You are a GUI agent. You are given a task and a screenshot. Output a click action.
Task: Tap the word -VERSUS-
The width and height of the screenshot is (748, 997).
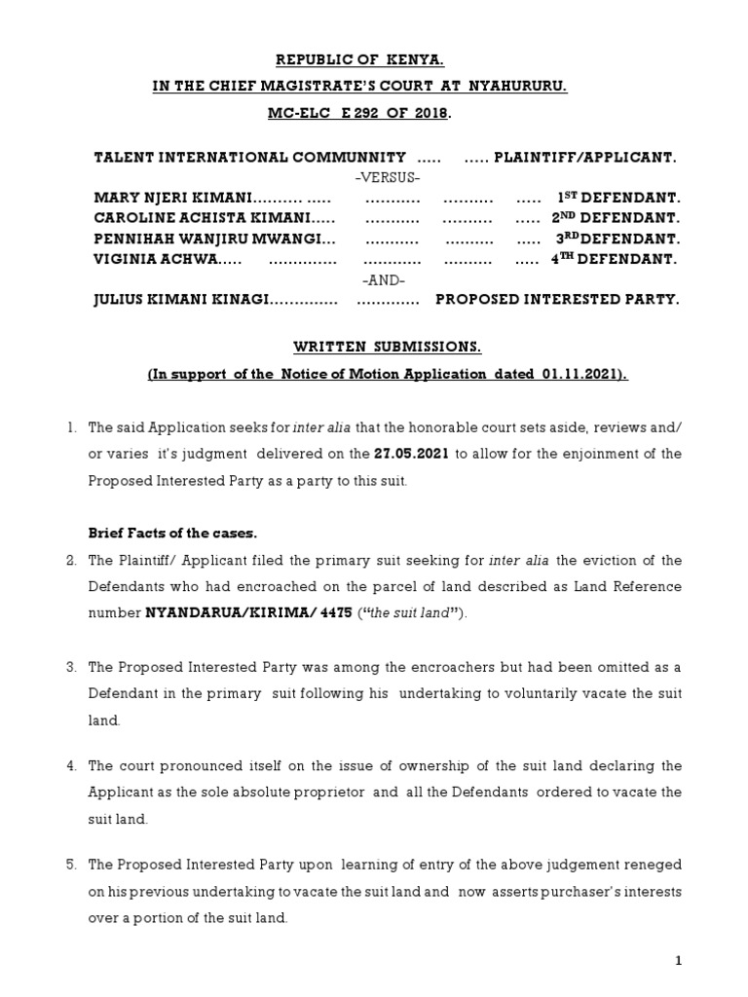pos(388,177)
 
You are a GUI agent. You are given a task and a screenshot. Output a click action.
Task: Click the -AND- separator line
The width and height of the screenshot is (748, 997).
pos(383,280)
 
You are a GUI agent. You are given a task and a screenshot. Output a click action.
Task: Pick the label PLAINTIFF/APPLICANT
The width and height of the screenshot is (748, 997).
pos(584,157)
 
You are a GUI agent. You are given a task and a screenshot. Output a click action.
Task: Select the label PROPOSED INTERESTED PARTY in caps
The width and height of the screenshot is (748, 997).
pos(557,301)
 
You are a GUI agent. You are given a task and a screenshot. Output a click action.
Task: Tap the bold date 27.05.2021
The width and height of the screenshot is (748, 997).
pos(411,455)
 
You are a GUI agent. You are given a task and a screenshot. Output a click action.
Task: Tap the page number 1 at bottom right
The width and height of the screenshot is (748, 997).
pos(680,961)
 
